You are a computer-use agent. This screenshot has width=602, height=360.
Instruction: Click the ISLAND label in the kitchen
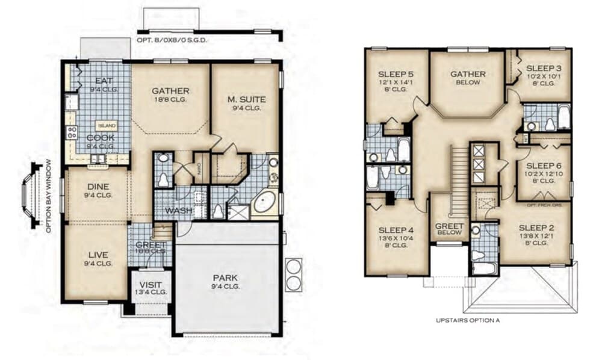click(107, 126)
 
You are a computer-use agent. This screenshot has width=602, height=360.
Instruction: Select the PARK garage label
click(225, 278)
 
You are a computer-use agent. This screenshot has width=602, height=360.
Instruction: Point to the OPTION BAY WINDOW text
click(49, 196)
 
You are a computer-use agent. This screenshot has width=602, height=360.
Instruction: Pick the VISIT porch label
click(150, 285)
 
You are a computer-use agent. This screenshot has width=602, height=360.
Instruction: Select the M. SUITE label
click(247, 99)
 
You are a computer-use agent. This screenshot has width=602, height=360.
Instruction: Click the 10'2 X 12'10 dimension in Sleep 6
click(544, 173)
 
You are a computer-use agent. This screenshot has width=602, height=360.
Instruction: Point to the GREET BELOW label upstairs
click(449, 229)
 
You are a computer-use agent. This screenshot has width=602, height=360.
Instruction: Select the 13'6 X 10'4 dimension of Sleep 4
click(396, 238)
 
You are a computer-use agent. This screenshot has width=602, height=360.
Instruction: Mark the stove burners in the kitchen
click(72, 134)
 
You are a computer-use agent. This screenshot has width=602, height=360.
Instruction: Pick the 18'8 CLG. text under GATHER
click(170, 99)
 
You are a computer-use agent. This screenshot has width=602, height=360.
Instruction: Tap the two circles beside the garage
click(294, 274)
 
